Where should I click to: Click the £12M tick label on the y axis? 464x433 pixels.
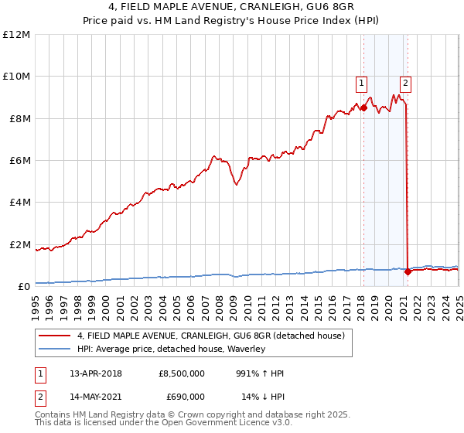click(x=15, y=35)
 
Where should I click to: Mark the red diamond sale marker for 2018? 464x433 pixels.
click(x=363, y=107)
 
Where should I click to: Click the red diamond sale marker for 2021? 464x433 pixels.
click(x=408, y=272)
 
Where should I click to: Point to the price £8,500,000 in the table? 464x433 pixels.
click(x=181, y=373)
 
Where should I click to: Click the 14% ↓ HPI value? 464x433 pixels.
click(x=263, y=397)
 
